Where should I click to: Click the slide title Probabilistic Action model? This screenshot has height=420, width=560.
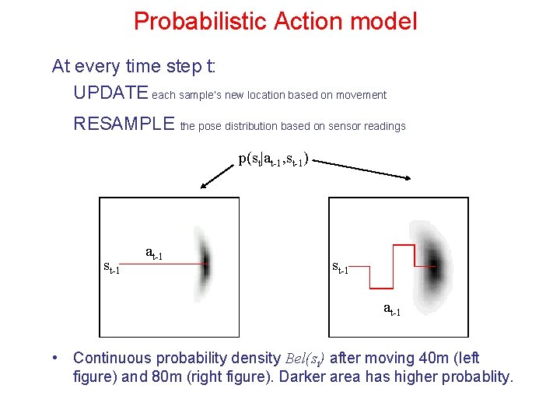point(275,21)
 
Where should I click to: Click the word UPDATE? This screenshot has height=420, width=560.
point(110,93)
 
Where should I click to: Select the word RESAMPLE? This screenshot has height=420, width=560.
point(124,124)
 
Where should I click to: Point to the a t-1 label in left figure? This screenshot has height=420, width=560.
point(154,253)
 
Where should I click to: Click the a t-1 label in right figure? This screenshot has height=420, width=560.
point(392,309)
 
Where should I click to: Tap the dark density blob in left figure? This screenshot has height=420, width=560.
point(205,264)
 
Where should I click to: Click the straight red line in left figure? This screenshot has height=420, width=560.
point(163,264)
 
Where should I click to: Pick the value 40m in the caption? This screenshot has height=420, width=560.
point(409,358)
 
